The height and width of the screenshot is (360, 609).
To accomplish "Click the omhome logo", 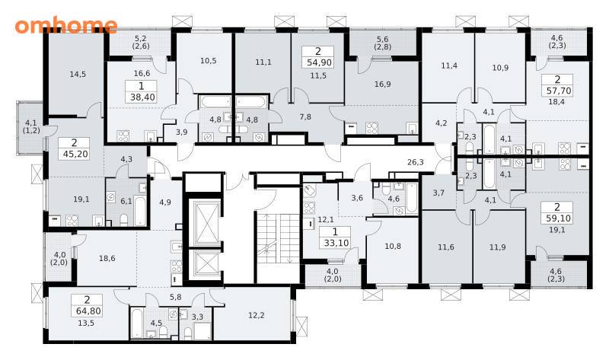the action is click(66, 25).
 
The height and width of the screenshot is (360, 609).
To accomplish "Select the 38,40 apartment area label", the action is click(142, 97).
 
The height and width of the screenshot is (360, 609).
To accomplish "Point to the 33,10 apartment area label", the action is click(336, 243).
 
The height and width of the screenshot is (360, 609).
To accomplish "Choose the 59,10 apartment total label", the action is click(558, 218).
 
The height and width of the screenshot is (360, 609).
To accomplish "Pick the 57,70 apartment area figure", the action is click(558, 91).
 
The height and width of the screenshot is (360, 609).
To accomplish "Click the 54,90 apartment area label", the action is click(318, 62).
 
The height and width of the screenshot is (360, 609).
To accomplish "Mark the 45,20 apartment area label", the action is click(75, 154).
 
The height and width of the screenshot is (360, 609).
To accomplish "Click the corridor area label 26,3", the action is click(416, 162).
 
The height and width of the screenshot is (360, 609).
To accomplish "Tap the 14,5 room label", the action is click(78, 74).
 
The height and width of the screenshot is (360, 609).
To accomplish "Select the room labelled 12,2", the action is click(257, 315).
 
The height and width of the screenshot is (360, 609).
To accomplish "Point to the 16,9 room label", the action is click(383, 84).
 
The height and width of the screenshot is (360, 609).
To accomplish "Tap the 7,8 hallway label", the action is click(306, 116).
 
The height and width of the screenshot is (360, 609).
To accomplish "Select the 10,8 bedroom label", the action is click(393, 246).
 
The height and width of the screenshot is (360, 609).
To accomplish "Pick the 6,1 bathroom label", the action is click(126, 201).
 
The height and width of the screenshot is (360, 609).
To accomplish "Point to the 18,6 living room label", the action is click(107, 258).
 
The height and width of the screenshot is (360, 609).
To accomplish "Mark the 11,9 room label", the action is click(498, 247).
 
